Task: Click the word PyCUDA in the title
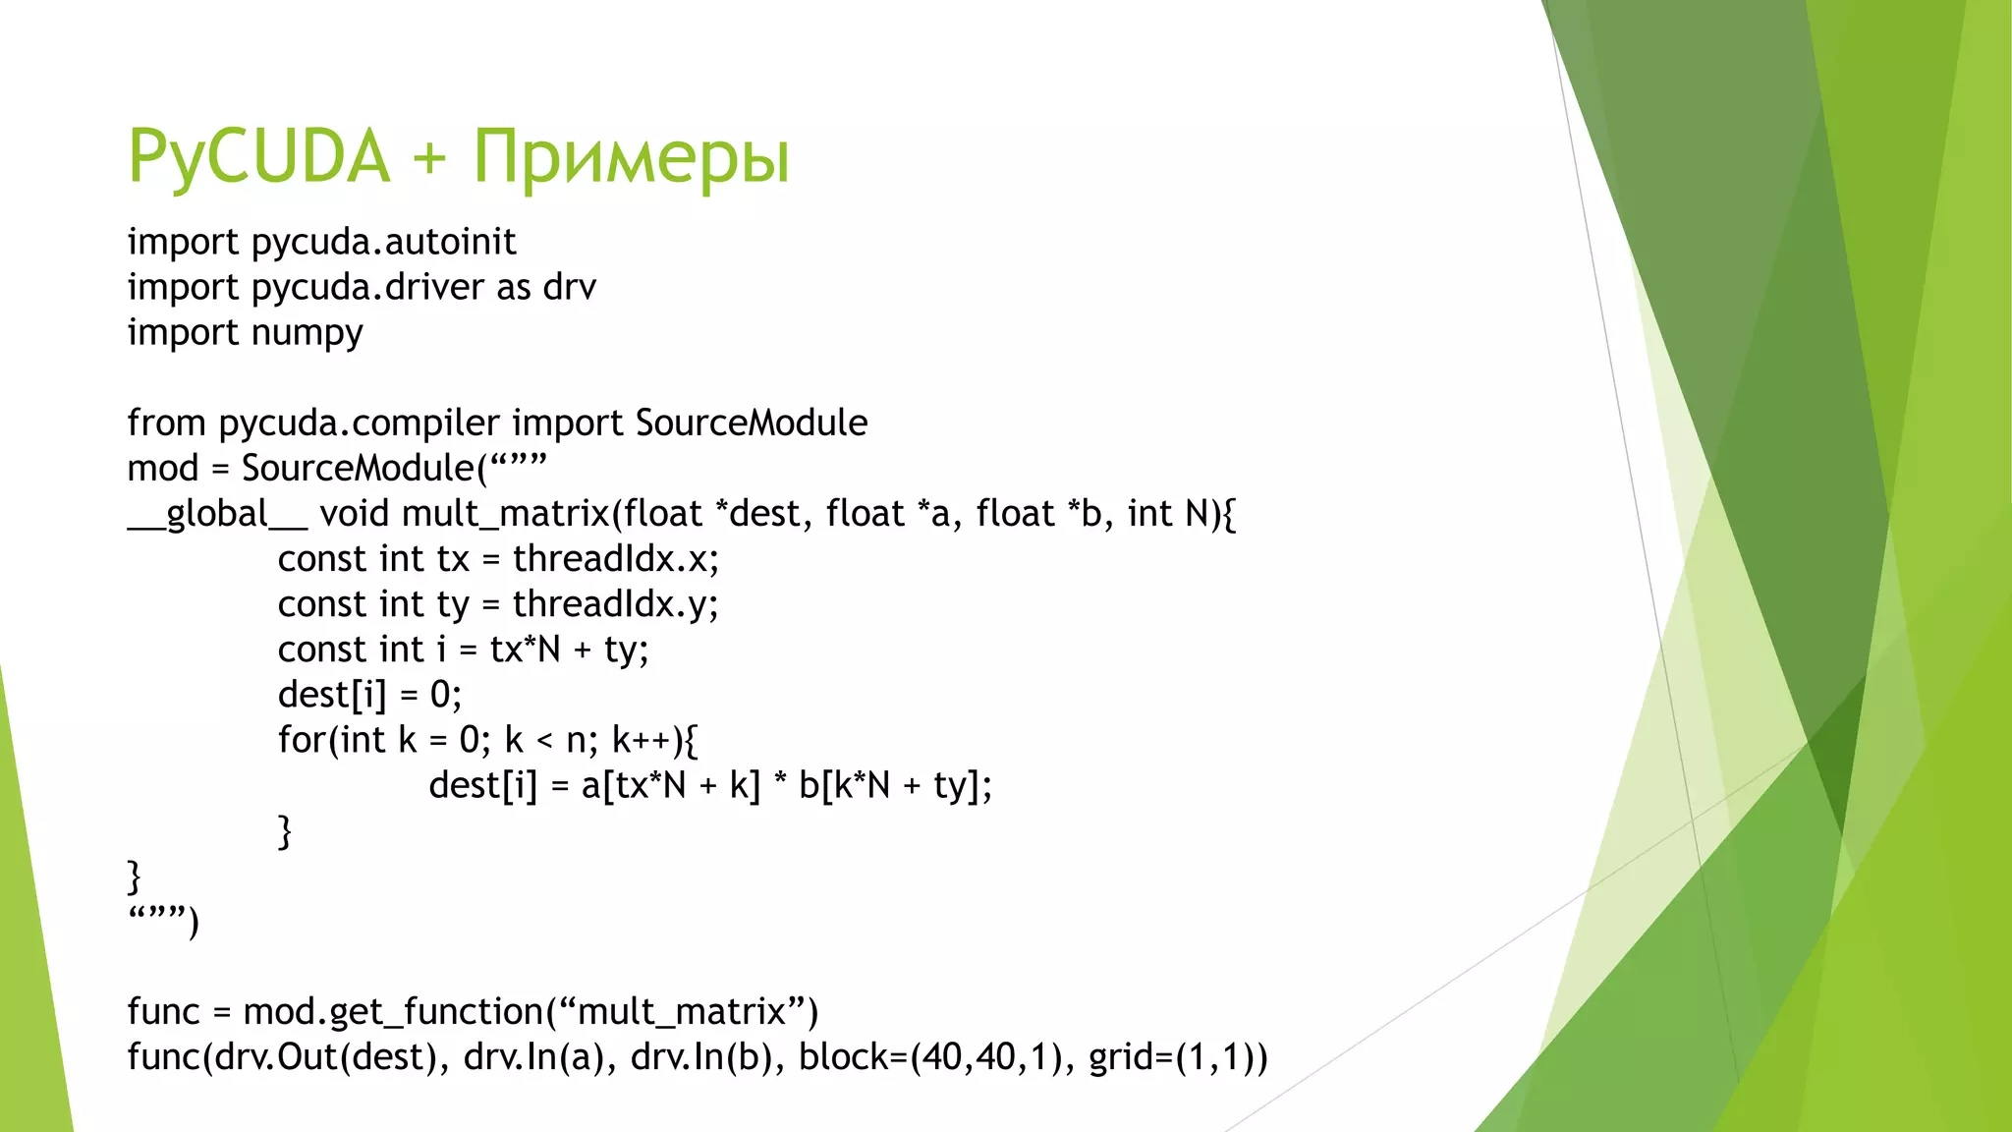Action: coord(259,157)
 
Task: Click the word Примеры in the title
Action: coord(631,157)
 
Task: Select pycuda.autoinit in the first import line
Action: coord(384,243)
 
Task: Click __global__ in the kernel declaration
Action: coord(217,514)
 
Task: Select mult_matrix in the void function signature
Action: coord(506,514)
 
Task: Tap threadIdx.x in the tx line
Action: coord(615,559)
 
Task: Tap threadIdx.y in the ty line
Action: coord(615,604)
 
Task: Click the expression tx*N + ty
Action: coord(569,650)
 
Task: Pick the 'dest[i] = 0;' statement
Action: coord(369,695)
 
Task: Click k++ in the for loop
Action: coord(642,740)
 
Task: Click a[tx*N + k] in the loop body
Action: coord(671,785)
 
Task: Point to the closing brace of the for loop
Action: coord(285,831)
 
